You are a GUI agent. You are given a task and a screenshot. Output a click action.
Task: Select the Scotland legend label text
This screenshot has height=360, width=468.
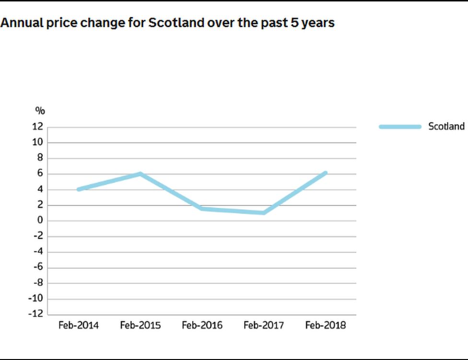(x=446, y=126)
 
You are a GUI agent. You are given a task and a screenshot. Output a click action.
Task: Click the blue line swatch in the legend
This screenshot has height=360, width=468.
(x=400, y=127)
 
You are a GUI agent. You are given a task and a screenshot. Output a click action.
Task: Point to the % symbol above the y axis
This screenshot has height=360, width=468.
(x=40, y=111)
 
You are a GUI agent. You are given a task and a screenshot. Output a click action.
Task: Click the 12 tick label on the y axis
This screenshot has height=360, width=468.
(x=38, y=127)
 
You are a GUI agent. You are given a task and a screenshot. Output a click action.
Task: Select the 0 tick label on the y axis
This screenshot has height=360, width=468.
(x=40, y=221)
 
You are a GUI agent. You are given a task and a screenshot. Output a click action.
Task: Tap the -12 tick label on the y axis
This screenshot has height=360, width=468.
(x=36, y=314)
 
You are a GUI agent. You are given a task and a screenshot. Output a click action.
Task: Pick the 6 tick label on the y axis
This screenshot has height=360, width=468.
(x=40, y=174)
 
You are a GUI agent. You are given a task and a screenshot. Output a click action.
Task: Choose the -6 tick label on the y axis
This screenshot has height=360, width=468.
(x=38, y=267)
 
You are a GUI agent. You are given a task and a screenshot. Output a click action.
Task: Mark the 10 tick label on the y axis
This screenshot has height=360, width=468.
(x=38, y=143)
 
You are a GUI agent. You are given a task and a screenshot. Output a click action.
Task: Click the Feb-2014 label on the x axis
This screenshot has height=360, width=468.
(x=78, y=325)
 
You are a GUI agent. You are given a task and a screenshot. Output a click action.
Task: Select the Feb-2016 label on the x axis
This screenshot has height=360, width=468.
(x=202, y=325)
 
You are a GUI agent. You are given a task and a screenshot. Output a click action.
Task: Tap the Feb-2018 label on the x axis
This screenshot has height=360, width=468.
(x=325, y=325)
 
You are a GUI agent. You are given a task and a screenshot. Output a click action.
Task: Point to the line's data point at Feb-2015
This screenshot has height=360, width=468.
(x=140, y=174)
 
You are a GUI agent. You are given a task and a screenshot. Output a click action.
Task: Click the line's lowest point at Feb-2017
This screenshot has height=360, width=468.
(x=264, y=213)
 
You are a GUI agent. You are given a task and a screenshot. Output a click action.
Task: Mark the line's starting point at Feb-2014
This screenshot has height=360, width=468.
(x=78, y=189)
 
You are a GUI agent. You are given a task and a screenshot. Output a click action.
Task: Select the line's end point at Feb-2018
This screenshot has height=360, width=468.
(x=325, y=173)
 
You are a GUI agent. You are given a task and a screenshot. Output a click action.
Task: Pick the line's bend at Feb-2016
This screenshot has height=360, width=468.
(x=202, y=209)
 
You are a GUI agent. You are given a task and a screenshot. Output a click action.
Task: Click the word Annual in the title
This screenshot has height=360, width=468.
(x=19, y=23)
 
